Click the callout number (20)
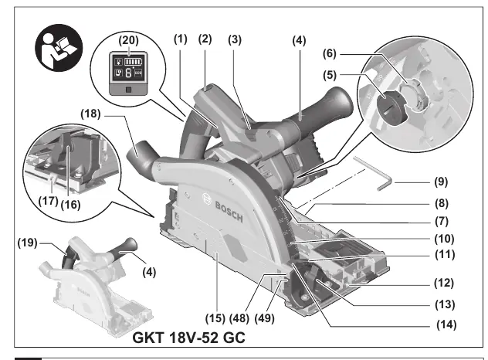(128, 40)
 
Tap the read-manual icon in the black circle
(59, 48)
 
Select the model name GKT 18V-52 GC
(188, 338)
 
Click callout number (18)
(90, 114)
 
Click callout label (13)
(445, 304)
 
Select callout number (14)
(446, 324)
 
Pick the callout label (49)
(265, 318)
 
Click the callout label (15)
(215, 318)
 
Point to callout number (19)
(27, 243)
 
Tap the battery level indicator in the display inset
(133, 62)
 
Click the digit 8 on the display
(128, 73)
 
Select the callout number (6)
(330, 53)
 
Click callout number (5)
(330, 75)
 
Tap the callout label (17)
(48, 201)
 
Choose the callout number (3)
(235, 40)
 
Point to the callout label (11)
(445, 254)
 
